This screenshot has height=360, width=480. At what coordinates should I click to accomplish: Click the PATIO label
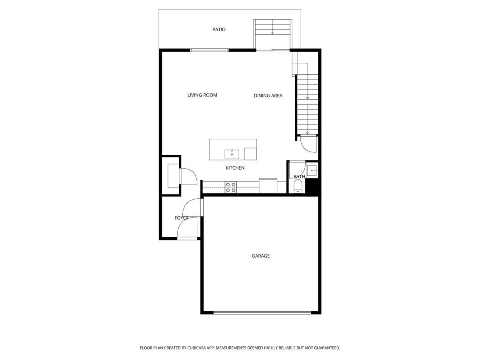pyautogui.click(x=219, y=30)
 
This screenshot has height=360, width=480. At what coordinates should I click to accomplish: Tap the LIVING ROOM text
pyautogui.click(x=202, y=95)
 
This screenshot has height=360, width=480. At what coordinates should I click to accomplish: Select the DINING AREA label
pyautogui.click(x=268, y=96)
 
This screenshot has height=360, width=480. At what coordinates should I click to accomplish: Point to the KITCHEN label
pyautogui.click(x=235, y=168)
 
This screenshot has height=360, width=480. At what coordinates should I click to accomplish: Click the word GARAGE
pyautogui.click(x=260, y=256)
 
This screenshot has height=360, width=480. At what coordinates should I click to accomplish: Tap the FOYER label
pyautogui.click(x=181, y=218)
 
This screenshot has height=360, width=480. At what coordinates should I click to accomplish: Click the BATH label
pyautogui.click(x=299, y=176)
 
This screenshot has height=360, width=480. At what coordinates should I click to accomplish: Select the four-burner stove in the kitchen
pyautogui.click(x=231, y=187)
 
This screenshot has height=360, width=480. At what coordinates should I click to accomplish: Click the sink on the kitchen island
pyautogui.click(x=232, y=154)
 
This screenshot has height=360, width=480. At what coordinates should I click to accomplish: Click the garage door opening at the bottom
pyautogui.click(x=262, y=312)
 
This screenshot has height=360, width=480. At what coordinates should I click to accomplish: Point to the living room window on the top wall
pyautogui.click(x=209, y=50)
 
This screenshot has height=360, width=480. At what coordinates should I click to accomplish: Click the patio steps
pyautogui.click(x=272, y=28)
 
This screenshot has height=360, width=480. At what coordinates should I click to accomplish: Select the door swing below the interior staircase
pyautogui.click(x=308, y=144)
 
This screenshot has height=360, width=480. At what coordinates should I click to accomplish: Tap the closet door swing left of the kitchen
pyautogui.click(x=188, y=176)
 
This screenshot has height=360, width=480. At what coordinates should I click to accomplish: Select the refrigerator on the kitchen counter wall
pyautogui.click(x=268, y=186)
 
